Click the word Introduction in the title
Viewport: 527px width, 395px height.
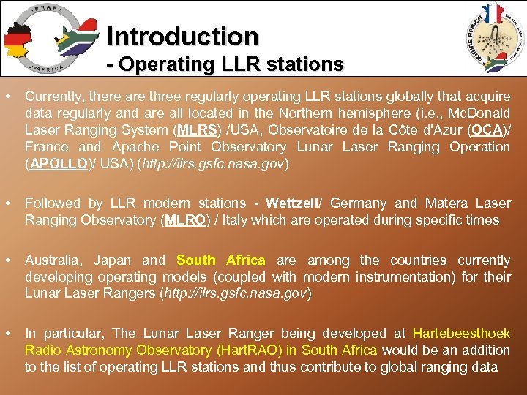click(182, 36)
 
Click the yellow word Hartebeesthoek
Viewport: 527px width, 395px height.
click(461, 333)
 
